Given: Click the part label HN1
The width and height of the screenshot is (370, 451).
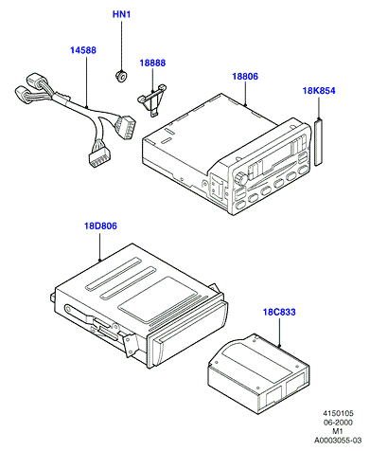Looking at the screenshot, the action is pyautogui.click(x=121, y=14).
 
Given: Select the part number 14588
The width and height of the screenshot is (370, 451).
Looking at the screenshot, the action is pyautogui.click(x=83, y=50).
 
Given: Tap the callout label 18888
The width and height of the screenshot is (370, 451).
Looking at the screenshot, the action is pyautogui.click(x=152, y=63).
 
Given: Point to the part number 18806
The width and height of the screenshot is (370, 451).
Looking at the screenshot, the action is pyautogui.click(x=245, y=77).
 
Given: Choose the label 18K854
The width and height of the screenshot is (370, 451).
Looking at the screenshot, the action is pyautogui.click(x=319, y=91).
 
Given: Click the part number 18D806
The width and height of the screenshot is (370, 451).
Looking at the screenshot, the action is pyautogui.click(x=100, y=226).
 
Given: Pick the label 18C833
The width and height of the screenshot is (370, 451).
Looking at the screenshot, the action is pyautogui.click(x=279, y=312).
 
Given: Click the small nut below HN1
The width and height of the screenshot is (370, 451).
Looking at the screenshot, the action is pyautogui.click(x=121, y=77).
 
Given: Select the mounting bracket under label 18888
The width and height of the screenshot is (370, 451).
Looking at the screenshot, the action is pyautogui.click(x=152, y=99).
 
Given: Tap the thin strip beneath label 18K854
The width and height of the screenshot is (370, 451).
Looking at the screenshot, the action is pyautogui.click(x=319, y=141).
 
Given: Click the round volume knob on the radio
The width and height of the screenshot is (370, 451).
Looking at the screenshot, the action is pyautogui.click(x=241, y=178).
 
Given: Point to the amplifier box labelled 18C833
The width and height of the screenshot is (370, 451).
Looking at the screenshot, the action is pyautogui.click(x=258, y=373).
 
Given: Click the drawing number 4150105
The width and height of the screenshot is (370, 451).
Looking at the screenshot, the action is pyautogui.click(x=338, y=413).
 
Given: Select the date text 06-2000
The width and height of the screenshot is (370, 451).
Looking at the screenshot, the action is pyautogui.click(x=338, y=423).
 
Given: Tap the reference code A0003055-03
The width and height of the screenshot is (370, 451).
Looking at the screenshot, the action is pyautogui.click(x=338, y=440).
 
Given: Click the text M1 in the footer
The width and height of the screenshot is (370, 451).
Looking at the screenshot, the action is pyautogui.click(x=338, y=431).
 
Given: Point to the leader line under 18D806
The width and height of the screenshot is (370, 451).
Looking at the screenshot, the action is pyautogui.click(x=100, y=247).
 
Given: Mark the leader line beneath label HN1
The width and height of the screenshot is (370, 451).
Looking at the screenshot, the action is pyautogui.click(x=121, y=45).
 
